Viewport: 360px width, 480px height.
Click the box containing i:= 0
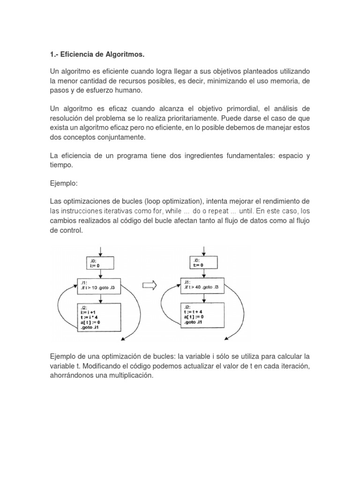(99, 262)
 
